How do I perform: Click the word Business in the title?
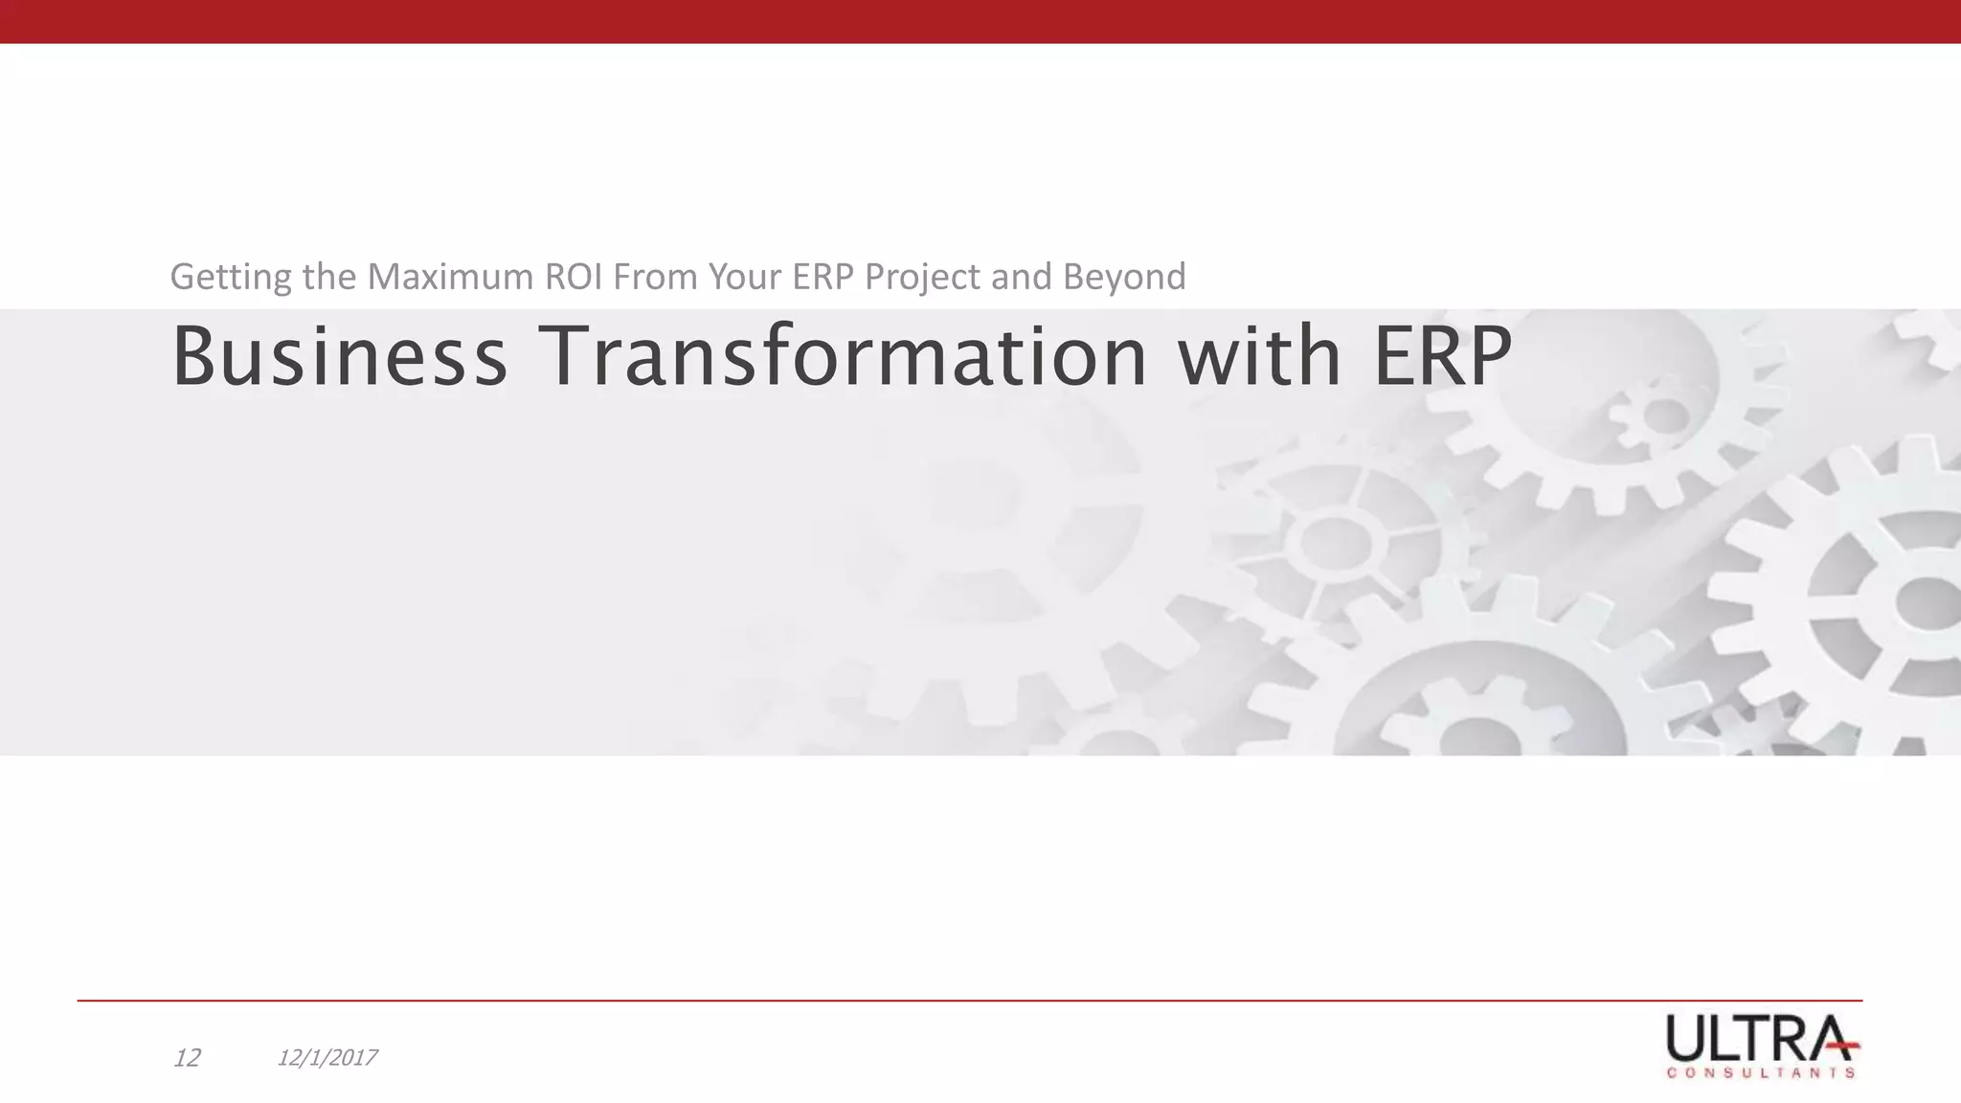coord(338,356)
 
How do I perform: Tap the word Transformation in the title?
coord(845,356)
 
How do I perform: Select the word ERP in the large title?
coord(1442,356)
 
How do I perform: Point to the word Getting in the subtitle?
coord(230,278)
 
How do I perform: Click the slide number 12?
coord(187,1058)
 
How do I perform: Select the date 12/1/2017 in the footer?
coord(327,1058)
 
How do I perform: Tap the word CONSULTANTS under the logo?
coord(1761,1073)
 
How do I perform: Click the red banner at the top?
coord(980,21)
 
